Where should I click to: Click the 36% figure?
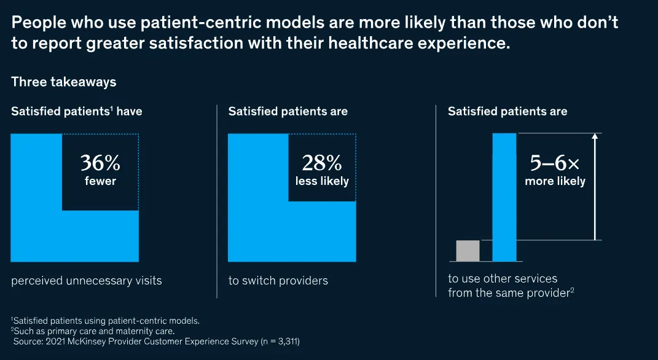pyautogui.click(x=100, y=163)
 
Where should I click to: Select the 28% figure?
pyautogui.click(x=321, y=163)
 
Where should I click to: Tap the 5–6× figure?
pyautogui.click(x=555, y=163)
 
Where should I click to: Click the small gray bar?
pyautogui.click(x=468, y=251)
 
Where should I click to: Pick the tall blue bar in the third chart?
pyautogui.click(x=504, y=197)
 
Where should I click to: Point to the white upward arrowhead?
pyautogui.click(x=594, y=137)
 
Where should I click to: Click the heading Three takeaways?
pyautogui.click(x=63, y=82)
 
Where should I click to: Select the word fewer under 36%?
pyautogui.click(x=100, y=181)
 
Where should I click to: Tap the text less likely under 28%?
pyautogui.click(x=321, y=181)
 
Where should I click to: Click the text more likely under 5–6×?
pyautogui.click(x=555, y=181)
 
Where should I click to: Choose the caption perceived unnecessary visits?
pyautogui.click(x=86, y=281)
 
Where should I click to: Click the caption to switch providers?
pyautogui.click(x=278, y=281)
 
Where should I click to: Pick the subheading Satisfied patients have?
pyautogui.click(x=77, y=111)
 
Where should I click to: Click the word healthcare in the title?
pyautogui.click(x=385, y=44)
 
